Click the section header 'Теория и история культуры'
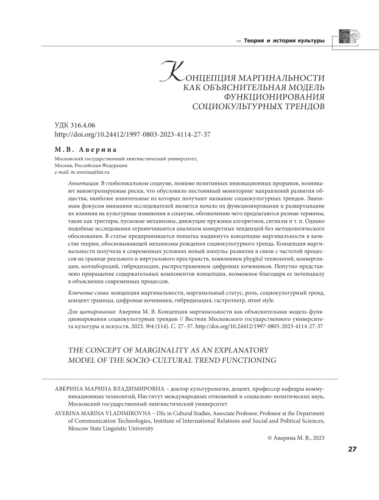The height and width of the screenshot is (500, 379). [x=285, y=41]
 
